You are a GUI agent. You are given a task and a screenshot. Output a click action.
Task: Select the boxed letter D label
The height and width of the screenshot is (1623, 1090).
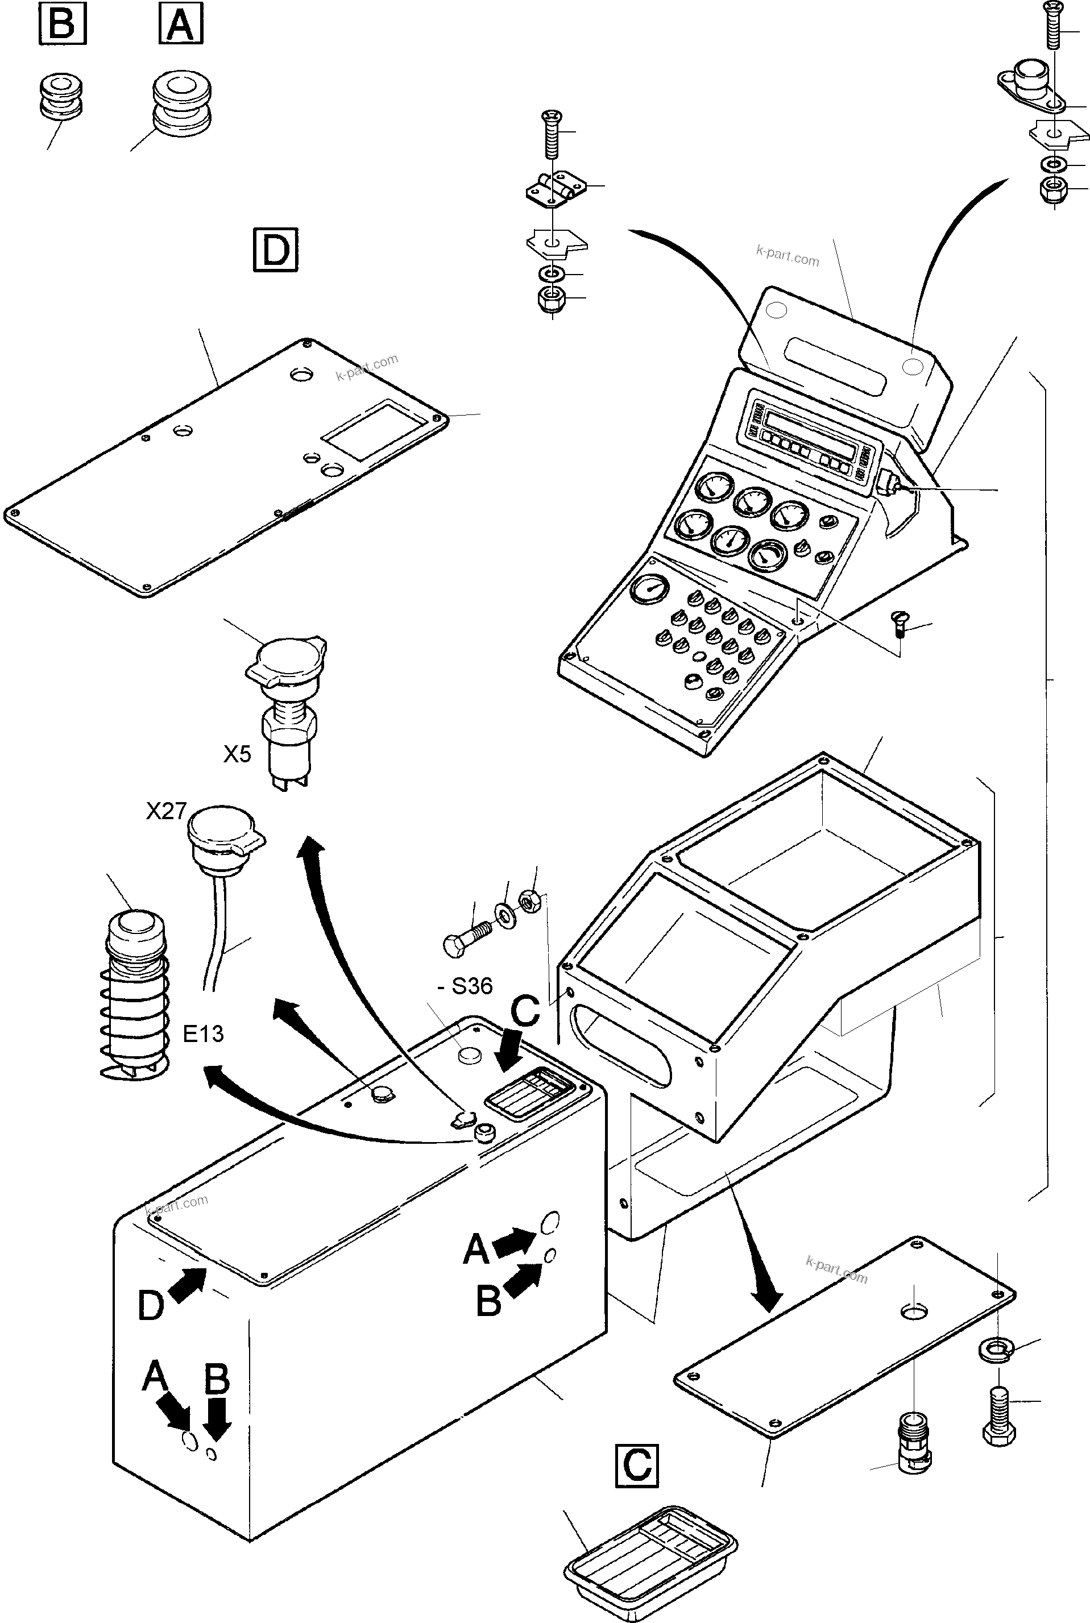[x=275, y=249]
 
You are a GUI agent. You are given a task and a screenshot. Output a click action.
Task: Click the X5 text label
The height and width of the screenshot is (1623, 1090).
[x=237, y=754]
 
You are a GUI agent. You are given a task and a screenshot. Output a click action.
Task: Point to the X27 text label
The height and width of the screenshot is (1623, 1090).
[x=166, y=811]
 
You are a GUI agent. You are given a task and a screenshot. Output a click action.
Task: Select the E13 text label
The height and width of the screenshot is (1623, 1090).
[x=203, y=1034]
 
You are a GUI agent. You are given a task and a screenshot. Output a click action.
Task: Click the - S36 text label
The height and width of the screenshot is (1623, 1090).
[x=465, y=986]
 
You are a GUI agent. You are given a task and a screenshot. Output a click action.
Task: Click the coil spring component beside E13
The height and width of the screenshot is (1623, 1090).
[x=136, y=994]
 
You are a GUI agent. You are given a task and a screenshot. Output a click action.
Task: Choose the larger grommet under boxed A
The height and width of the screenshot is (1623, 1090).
[x=181, y=102]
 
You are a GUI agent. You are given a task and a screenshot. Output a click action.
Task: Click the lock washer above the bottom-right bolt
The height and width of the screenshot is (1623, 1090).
[x=996, y=1349]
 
